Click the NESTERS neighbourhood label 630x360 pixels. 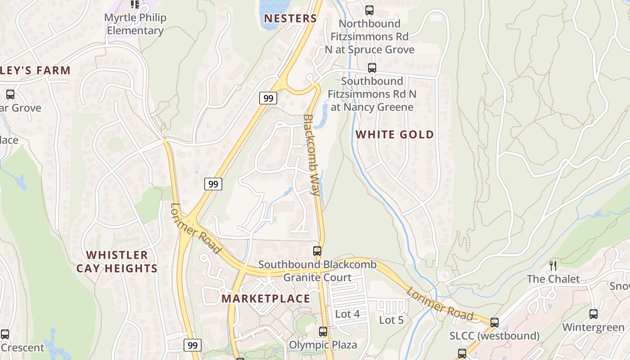tap(290, 18)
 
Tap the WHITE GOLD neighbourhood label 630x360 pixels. tap(395, 134)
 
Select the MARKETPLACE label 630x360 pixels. tap(265, 298)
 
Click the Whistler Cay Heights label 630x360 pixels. tap(117, 261)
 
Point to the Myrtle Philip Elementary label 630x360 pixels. tap(135, 24)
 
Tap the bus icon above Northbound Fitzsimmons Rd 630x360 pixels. tap(369, 10)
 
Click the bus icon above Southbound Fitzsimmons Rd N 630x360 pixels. tap(372, 68)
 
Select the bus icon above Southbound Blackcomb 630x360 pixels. tap(317, 251)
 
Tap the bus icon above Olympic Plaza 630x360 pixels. tap(323, 332)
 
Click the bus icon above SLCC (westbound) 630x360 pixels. tap(495, 322)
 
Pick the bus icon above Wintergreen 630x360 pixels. tap(594, 314)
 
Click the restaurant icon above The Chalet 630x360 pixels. tap(553, 265)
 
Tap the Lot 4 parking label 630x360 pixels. tap(347, 314)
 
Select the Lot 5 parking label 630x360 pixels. tap(391, 320)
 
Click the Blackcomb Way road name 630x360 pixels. tap(312, 155)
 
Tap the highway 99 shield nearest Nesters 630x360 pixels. tap(268, 98)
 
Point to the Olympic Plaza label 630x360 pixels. tap(323, 345)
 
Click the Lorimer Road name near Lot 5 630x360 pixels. tap(440, 305)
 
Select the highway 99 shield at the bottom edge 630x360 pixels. tap(193, 345)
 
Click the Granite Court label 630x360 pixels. tap(317, 277)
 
